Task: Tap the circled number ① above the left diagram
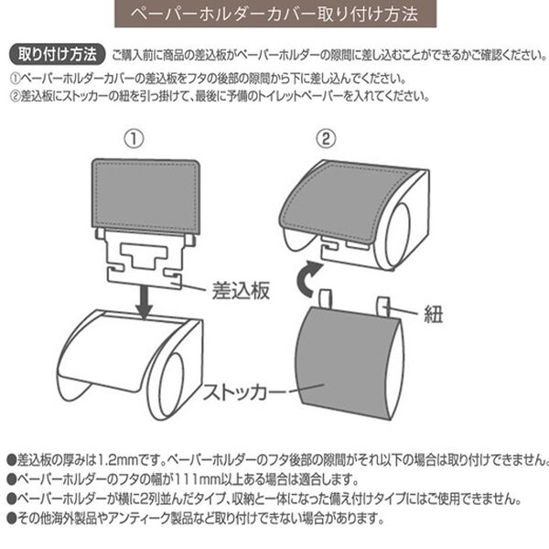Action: (x=135, y=139)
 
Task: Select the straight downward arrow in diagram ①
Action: (x=144, y=299)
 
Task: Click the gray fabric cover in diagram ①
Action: (x=147, y=191)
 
